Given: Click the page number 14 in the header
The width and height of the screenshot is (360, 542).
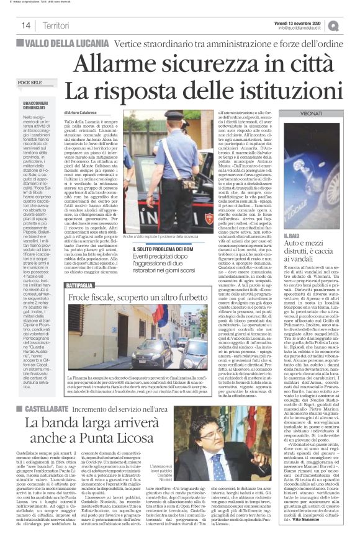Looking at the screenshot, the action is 27,25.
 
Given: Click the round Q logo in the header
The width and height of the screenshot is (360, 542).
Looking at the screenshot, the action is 351,25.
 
